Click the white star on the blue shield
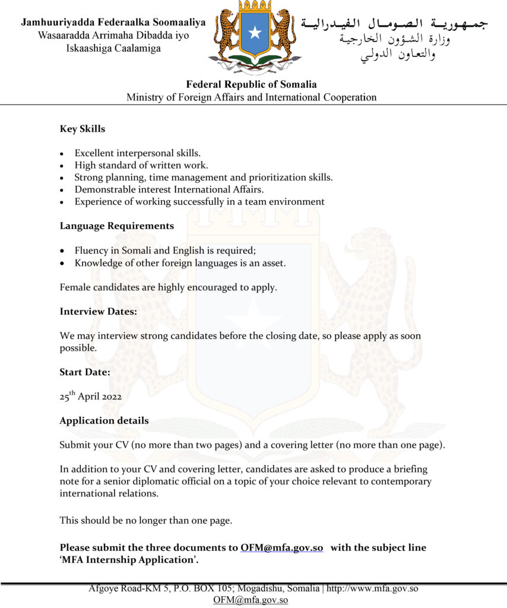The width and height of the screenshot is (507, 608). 255,32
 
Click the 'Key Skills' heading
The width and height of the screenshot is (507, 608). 83,128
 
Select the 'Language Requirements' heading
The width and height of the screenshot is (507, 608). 117,226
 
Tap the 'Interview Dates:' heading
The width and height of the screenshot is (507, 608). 98,311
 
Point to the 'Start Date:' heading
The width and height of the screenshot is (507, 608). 84,372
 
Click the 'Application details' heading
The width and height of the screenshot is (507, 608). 104,420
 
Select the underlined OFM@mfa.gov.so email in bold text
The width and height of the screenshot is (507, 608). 281,547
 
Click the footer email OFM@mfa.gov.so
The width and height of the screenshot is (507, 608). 251,600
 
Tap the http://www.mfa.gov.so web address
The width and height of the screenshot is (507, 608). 373,589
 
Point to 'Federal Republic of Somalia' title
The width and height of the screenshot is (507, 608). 251,84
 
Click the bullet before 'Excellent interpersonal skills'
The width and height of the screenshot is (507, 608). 62,154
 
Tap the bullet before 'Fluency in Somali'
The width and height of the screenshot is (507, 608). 62,251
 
